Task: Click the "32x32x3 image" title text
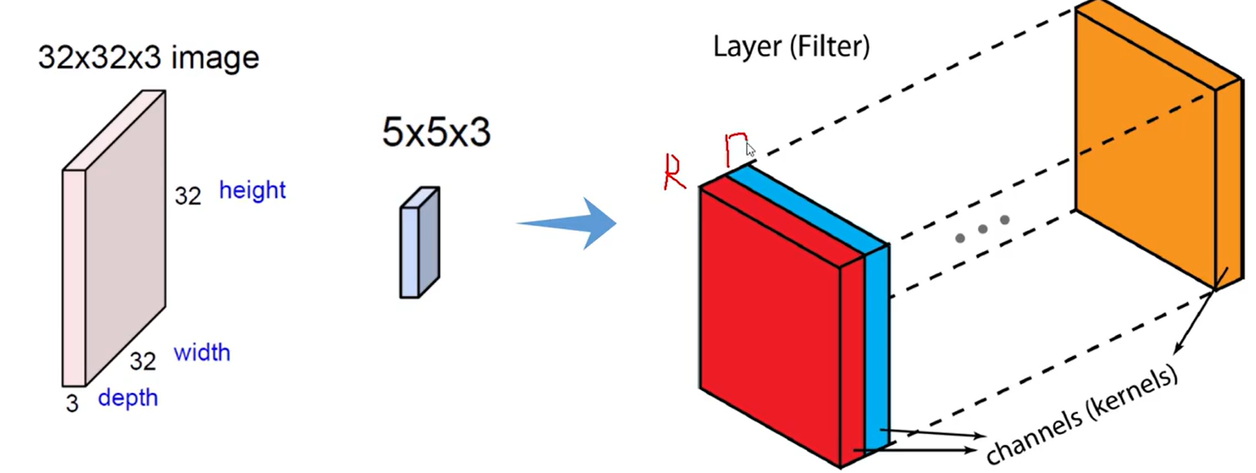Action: (148, 58)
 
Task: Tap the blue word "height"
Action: (252, 190)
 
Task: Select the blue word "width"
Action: (202, 352)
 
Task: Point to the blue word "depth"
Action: (128, 398)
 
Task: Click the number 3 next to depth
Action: (72, 404)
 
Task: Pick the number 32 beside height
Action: (188, 196)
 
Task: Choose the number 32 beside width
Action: (143, 361)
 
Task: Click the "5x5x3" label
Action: (436, 133)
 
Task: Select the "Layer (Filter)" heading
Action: (791, 47)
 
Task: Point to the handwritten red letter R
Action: (674, 172)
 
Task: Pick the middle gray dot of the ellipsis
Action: (982, 229)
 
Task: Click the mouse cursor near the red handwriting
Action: (750, 149)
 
